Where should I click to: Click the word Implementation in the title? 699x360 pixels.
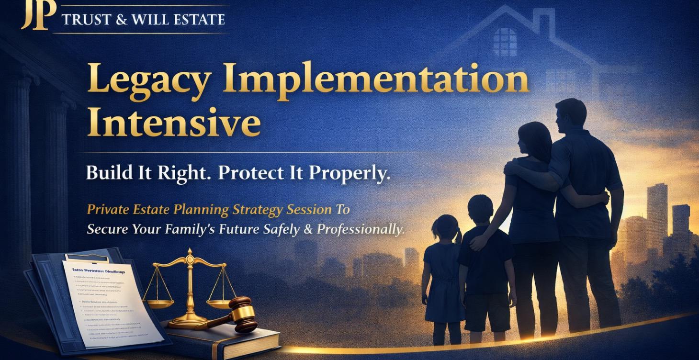(375, 79)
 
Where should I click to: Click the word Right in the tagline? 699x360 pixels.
(184, 173)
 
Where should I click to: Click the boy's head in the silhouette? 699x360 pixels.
(480, 208)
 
